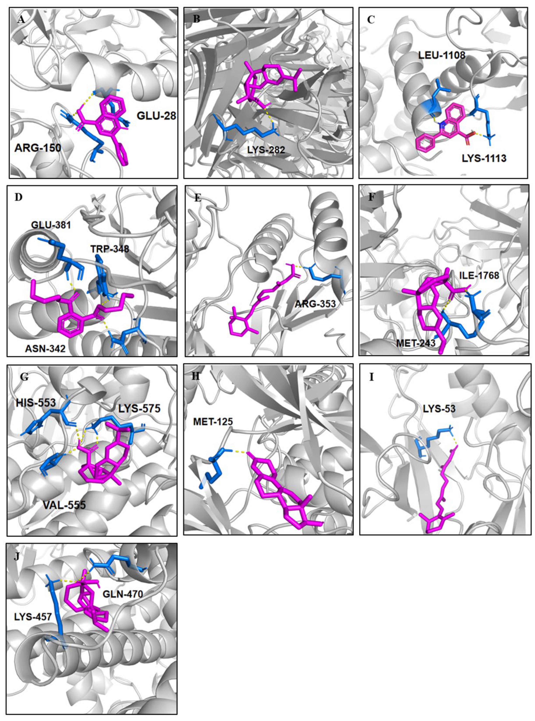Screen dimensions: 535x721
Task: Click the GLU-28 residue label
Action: pos(156,116)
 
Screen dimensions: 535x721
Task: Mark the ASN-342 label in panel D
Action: pos(45,348)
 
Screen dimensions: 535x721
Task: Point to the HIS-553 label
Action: pos(36,403)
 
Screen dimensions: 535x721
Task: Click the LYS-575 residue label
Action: pos(139,409)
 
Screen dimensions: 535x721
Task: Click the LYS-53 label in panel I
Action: pos(439,409)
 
